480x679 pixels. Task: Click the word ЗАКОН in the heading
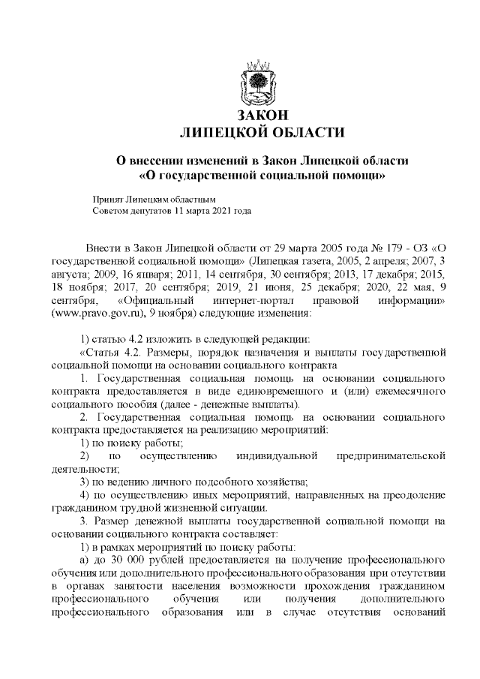262,116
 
